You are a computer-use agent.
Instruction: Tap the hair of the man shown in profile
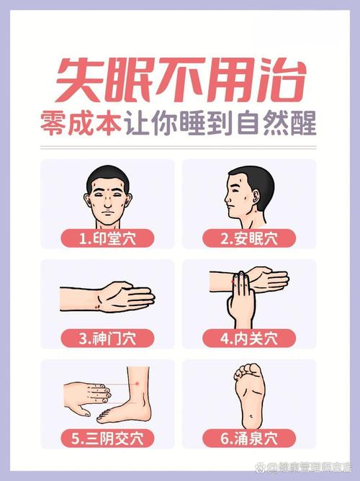point(245,176)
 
